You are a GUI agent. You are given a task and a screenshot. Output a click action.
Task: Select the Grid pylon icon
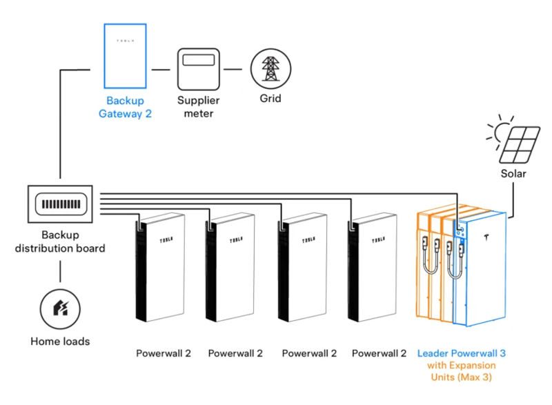pos(270,69)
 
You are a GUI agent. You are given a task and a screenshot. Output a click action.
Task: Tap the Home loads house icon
pos(60,308)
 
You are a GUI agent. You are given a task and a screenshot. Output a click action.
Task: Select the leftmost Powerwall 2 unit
pos(161,269)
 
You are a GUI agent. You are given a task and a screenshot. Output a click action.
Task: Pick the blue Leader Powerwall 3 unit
pos(481,269)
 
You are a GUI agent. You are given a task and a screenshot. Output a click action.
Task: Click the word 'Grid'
pos(270,99)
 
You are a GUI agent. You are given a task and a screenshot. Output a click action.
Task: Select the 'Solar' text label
pos(513,174)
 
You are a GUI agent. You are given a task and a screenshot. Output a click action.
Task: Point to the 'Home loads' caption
pos(60,341)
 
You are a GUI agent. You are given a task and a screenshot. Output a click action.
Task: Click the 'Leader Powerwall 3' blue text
pos(461,353)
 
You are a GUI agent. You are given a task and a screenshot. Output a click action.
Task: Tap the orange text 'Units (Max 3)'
pos(462,378)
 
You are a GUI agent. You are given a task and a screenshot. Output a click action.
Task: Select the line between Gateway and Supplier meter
pos(161,70)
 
